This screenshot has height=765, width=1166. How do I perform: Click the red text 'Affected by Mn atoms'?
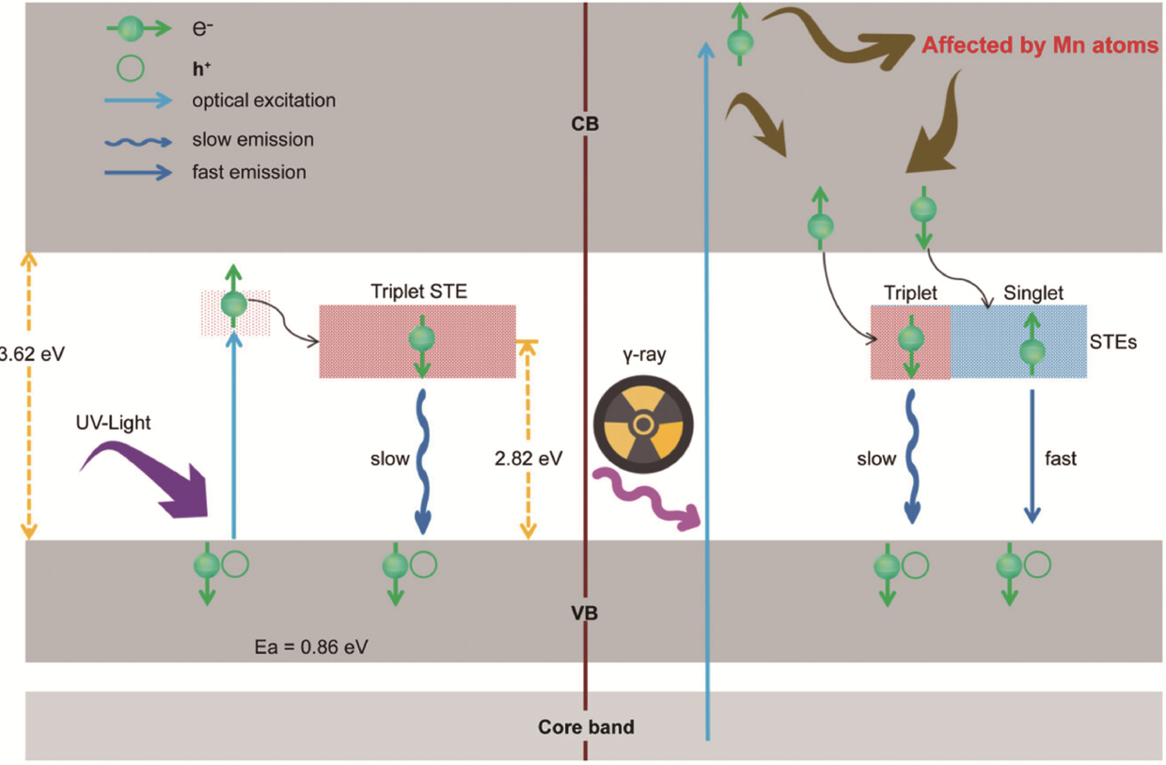[x=1040, y=45]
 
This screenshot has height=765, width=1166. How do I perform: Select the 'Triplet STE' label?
[x=417, y=292]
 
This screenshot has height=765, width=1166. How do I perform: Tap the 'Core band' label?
[x=586, y=726]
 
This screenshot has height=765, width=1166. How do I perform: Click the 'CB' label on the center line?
[x=585, y=124]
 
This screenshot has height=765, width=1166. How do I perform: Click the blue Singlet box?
[x=1018, y=341]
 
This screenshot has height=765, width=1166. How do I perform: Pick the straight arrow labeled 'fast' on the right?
[x=1032, y=455]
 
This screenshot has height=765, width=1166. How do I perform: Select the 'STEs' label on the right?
[x=1118, y=343]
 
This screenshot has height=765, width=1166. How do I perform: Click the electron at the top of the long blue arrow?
[x=741, y=41]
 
